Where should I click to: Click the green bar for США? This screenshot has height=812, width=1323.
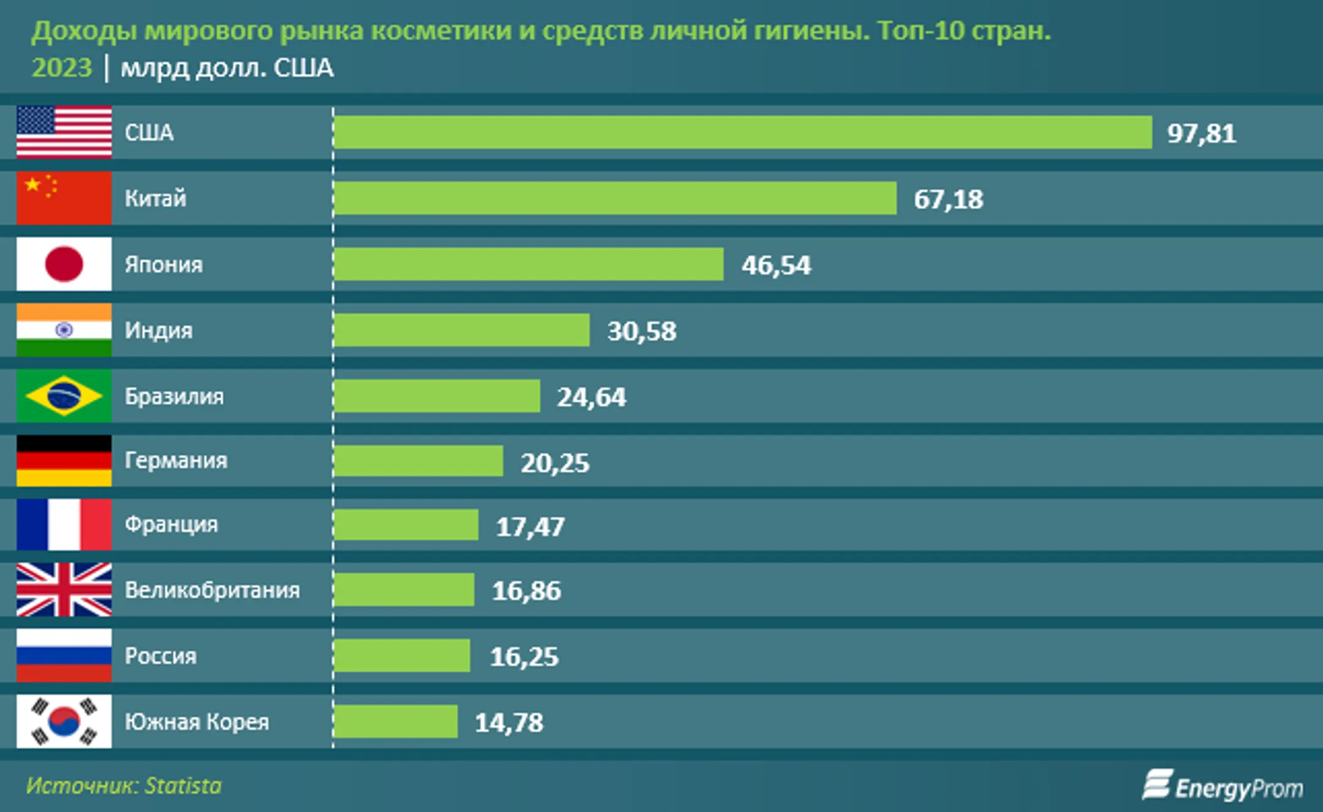click(x=742, y=132)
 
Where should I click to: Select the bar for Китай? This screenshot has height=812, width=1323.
click(x=615, y=198)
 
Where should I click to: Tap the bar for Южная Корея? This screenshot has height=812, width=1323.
click(x=396, y=721)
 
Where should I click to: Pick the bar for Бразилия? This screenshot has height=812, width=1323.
click(x=437, y=396)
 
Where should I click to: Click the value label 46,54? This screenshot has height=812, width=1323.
click(x=776, y=265)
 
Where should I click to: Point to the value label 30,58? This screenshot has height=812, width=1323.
click(x=641, y=331)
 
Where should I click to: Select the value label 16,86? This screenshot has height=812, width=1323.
click(x=526, y=591)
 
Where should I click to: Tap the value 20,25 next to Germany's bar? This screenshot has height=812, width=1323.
click(x=555, y=463)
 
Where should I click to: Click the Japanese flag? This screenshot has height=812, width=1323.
click(x=64, y=264)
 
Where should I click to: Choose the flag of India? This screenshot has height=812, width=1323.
click(x=64, y=330)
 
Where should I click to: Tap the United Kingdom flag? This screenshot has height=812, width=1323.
click(x=64, y=590)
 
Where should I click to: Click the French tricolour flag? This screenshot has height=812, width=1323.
click(x=64, y=524)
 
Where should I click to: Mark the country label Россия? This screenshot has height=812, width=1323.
click(x=160, y=656)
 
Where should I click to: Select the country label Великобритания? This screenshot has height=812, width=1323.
click(x=212, y=590)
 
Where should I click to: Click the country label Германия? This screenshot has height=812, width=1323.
click(x=176, y=460)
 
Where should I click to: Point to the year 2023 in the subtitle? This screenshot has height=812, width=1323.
click(x=61, y=67)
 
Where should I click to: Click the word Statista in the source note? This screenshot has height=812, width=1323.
click(x=183, y=786)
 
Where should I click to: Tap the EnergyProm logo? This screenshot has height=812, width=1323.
click(x=1223, y=786)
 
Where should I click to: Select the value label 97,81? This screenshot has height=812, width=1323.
click(x=1201, y=133)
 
